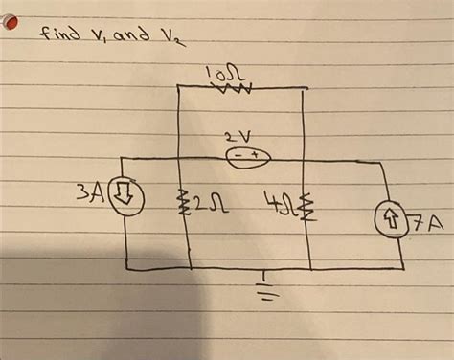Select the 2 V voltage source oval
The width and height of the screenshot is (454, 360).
(247, 155)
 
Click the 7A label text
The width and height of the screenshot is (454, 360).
(427, 226)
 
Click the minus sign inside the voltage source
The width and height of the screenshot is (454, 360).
(236, 155)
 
